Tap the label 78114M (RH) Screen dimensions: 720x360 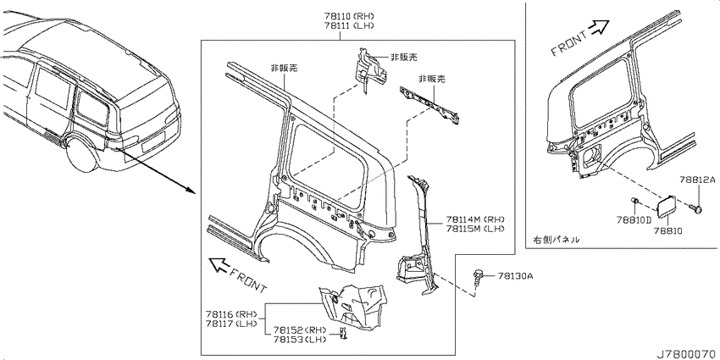pyautogui.click(x=475, y=219)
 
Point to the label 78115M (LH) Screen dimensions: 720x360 pyautogui.click(x=475, y=229)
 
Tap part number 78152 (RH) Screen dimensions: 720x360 pyautogui.click(x=300, y=330)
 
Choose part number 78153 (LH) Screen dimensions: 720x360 pyautogui.click(x=300, y=340)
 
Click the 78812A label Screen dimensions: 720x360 pyautogui.click(x=698, y=180)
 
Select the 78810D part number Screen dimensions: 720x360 pyautogui.click(x=634, y=220)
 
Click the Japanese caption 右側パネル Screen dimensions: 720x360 pyautogui.click(x=556, y=239)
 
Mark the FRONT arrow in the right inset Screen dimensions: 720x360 pyautogui.click(x=599, y=28)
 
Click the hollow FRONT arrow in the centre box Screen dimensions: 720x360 pyautogui.click(x=219, y=265)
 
